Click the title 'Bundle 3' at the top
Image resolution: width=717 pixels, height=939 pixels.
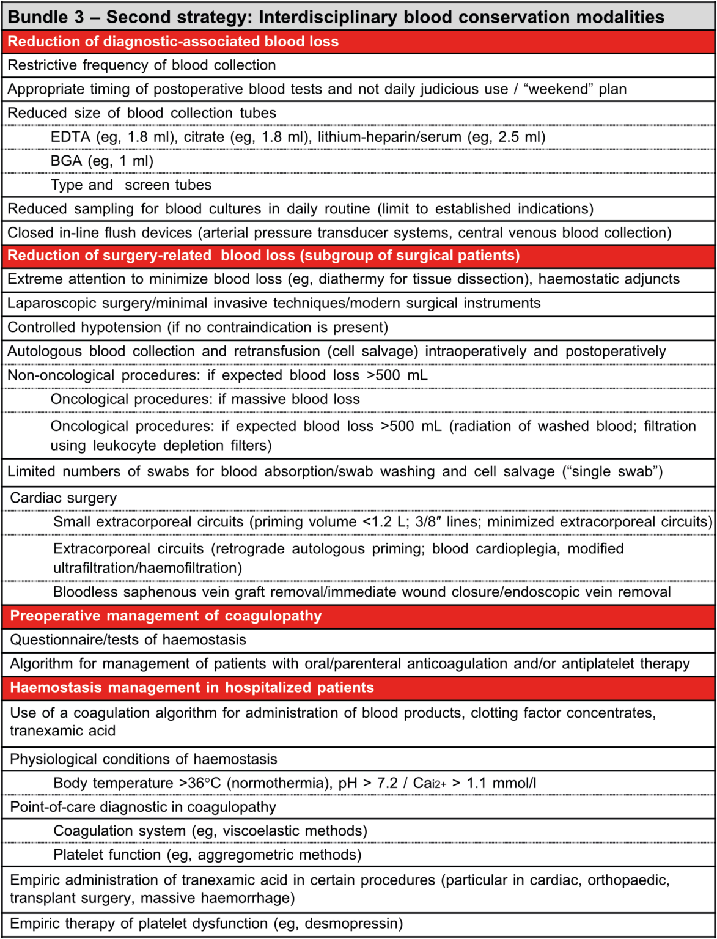(x=46, y=17)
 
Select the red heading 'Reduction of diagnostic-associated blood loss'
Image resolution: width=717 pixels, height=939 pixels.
(x=173, y=42)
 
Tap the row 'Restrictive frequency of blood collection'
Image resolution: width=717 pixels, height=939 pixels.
(x=141, y=65)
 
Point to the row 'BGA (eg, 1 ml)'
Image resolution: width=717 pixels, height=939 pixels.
(x=102, y=161)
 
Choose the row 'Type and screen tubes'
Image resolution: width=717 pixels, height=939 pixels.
(x=131, y=185)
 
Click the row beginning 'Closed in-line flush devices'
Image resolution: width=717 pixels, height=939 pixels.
(x=339, y=233)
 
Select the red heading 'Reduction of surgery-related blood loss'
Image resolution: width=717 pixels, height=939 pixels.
(x=263, y=256)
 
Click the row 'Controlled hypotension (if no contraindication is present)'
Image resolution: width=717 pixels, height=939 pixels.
(x=197, y=327)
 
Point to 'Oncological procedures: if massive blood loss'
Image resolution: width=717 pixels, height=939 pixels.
(x=205, y=399)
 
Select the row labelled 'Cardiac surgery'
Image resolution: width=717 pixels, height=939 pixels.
(x=64, y=498)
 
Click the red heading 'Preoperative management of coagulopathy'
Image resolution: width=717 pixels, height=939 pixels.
(x=166, y=616)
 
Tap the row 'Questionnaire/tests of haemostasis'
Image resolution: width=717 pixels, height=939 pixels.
(x=128, y=639)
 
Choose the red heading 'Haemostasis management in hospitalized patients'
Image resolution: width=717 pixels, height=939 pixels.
(x=192, y=688)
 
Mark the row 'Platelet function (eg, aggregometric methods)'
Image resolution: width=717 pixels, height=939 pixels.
(x=207, y=855)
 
